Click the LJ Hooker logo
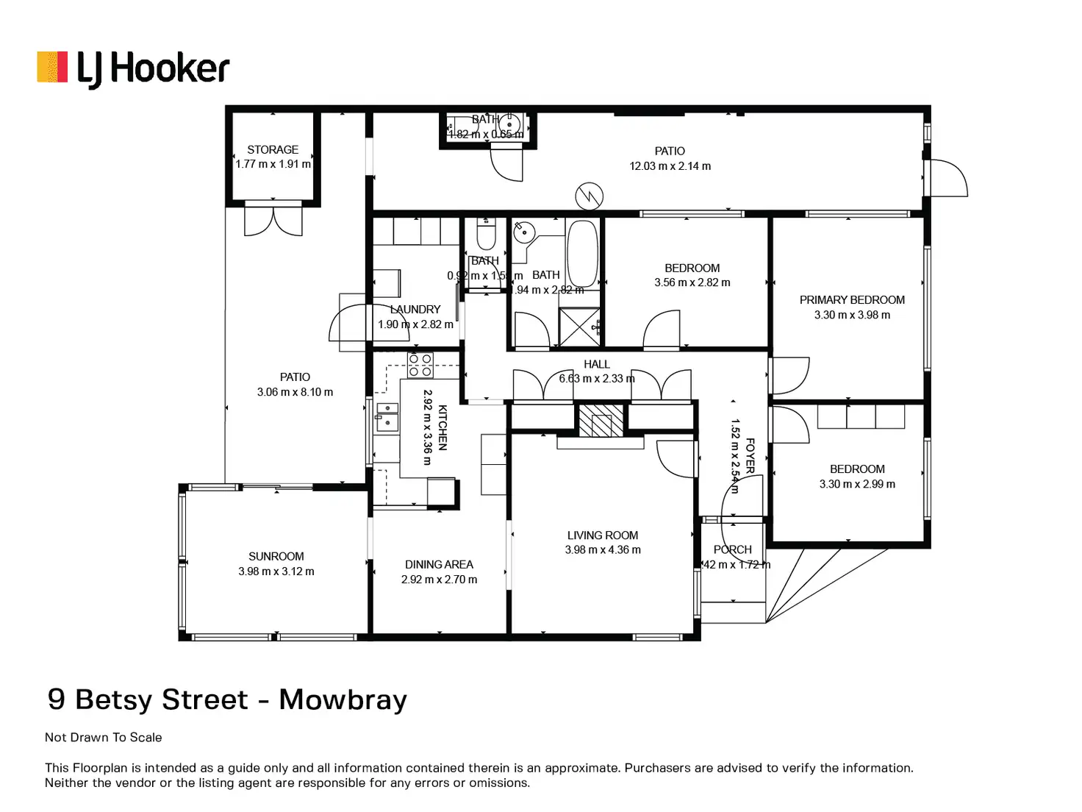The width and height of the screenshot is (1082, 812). coord(133,69)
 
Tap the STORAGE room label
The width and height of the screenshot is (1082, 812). coord(273,149)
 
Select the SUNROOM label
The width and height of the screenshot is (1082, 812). coord(276,557)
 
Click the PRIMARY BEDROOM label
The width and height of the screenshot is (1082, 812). coord(852,300)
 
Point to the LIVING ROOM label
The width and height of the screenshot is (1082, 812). coord(602,535)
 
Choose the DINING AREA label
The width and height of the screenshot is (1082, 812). coord(439,565)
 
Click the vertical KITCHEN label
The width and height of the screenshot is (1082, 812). coord(443,427)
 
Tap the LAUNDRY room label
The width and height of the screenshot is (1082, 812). coord(415,310)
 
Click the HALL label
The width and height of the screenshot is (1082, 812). coord(597,364)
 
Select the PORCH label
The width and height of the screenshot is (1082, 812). coord(733,549)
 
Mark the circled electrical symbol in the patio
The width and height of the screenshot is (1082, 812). coord(589,196)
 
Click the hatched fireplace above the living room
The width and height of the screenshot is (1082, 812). coord(601,421)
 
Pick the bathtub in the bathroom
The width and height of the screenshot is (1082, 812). coord(583,253)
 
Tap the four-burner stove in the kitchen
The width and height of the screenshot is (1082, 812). coord(420,366)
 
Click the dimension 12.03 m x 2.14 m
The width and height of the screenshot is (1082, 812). coord(670,166)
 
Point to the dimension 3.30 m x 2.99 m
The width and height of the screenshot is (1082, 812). coord(857,484)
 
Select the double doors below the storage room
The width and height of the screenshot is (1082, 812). coord(273,221)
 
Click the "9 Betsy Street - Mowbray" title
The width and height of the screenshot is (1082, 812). coord(227,699)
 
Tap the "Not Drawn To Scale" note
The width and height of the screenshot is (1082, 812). coord(104,737)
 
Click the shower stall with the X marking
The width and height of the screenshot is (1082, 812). coord(579,326)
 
